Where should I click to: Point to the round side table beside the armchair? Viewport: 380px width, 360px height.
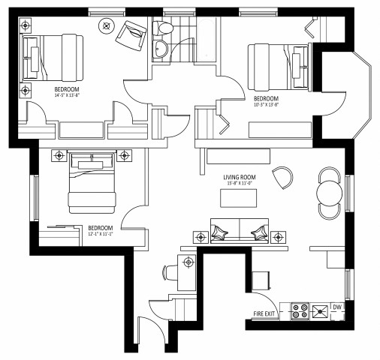tap(106, 25)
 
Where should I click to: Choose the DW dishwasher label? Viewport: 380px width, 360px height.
tap(337, 307)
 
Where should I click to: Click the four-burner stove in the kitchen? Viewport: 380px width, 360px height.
tap(300, 310)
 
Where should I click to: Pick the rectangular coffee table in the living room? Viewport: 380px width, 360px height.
tap(237, 198)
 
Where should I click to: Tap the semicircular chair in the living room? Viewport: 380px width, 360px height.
tap(283, 178)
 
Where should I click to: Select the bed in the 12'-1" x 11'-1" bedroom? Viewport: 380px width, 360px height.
tap(92, 184)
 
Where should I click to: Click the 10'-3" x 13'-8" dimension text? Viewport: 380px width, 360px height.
tap(267, 106)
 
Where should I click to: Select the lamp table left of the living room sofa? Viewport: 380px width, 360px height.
tap(200, 237)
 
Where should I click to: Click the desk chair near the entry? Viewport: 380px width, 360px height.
tap(168, 272)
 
